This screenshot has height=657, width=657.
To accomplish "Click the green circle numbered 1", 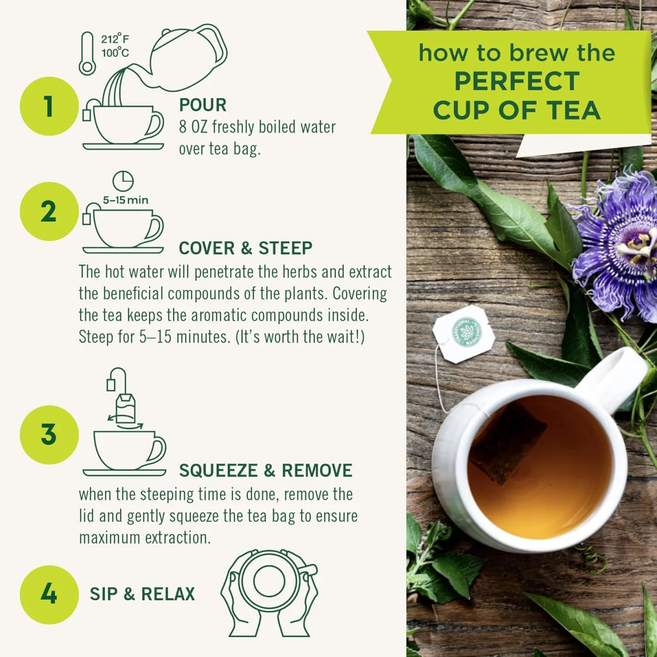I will (x=49, y=106).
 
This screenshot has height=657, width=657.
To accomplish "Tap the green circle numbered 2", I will (x=49, y=212).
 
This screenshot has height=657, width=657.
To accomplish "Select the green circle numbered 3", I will (x=49, y=435).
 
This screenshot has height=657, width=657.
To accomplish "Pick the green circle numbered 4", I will (x=49, y=594).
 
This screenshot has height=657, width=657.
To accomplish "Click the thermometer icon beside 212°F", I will (x=87, y=54).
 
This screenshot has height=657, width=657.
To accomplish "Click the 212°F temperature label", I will (x=115, y=39).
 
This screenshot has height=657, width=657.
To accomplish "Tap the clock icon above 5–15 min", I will (x=123, y=181).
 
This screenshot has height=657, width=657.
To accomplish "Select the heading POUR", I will (x=203, y=105).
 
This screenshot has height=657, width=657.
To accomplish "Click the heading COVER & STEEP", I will (x=245, y=248).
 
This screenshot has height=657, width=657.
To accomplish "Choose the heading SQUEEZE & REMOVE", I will (x=266, y=470).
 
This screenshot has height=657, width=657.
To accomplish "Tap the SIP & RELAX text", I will (x=142, y=594).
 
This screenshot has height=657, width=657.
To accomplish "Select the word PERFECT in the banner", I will (x=517, y=82).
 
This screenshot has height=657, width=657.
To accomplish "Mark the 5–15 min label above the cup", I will (x=125, y=200).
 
